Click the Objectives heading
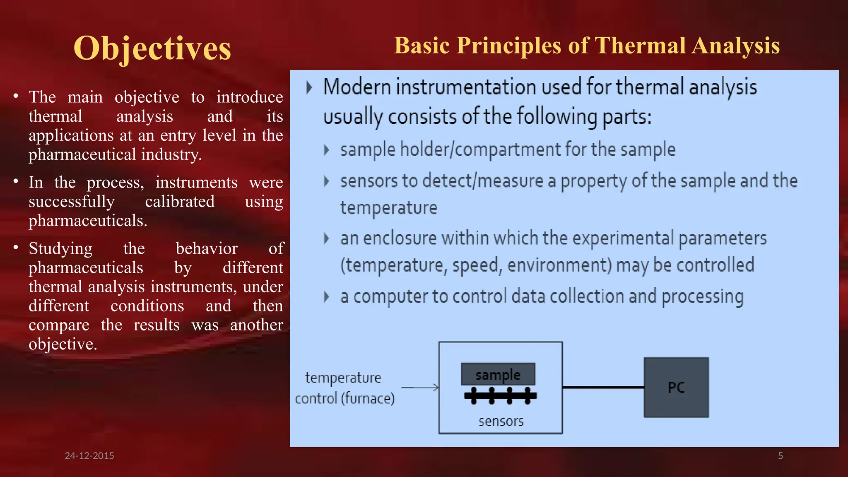[x=152, y=49]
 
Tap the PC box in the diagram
[x=676, y=388]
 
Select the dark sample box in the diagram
[x=498, y=374]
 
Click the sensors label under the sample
[x=501, y=422]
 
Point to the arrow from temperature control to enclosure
[x=420, y=388]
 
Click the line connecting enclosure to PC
[x=603, y=388]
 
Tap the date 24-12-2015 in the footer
[x=89, y=456]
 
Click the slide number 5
[x=780, y=456]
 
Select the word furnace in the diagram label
[x=368, y=399]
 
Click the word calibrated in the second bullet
[x=179, y=202]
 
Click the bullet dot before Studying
[x=16, y=248]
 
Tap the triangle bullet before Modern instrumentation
[x=309, y=88]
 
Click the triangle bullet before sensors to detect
[x=326, y=181]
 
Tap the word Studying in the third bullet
[x=60, y=249]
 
